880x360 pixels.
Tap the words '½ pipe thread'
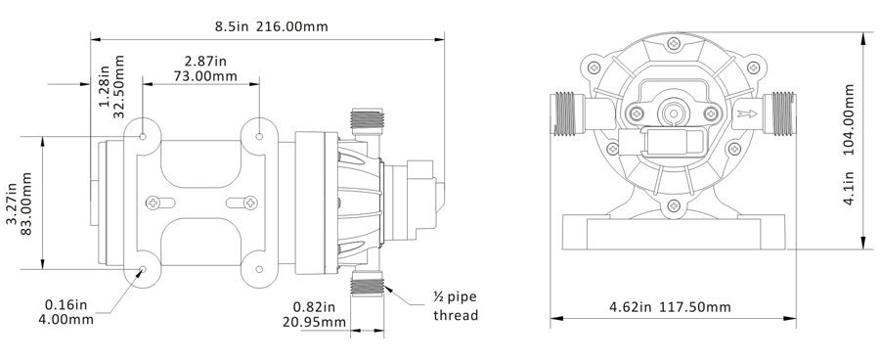(456, 306)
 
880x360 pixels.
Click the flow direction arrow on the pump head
(747, 114)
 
